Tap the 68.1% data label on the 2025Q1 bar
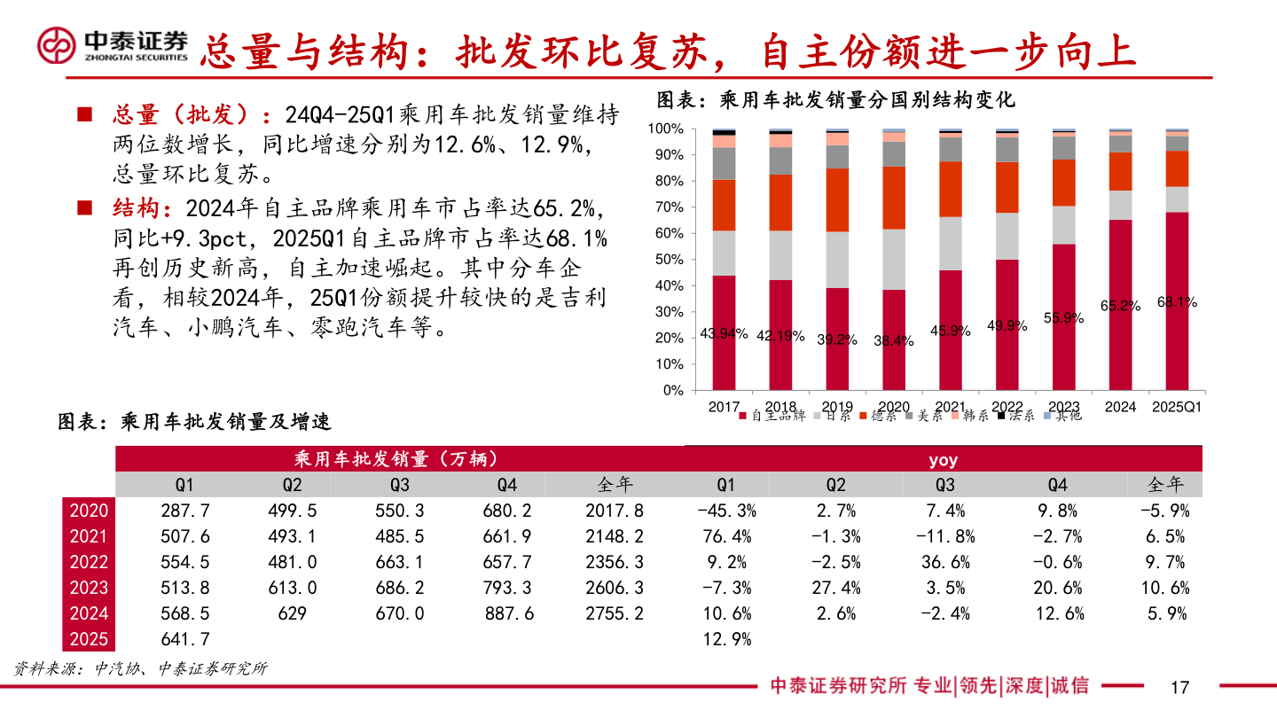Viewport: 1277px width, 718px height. tap(1177, 302)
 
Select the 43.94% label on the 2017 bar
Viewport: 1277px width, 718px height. tap(724, 334)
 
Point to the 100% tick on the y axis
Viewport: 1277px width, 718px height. tap(666, 129)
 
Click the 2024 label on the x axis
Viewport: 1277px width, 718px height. tap(1120, 407)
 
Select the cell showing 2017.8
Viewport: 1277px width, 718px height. tap(615, 511)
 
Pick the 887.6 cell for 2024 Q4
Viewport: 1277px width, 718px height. tap(509, 613)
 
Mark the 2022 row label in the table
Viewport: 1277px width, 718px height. tap(89, 562)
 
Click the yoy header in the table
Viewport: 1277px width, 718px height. tap(943, 460)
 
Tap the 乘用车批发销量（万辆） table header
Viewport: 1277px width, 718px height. tap(396, 459)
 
